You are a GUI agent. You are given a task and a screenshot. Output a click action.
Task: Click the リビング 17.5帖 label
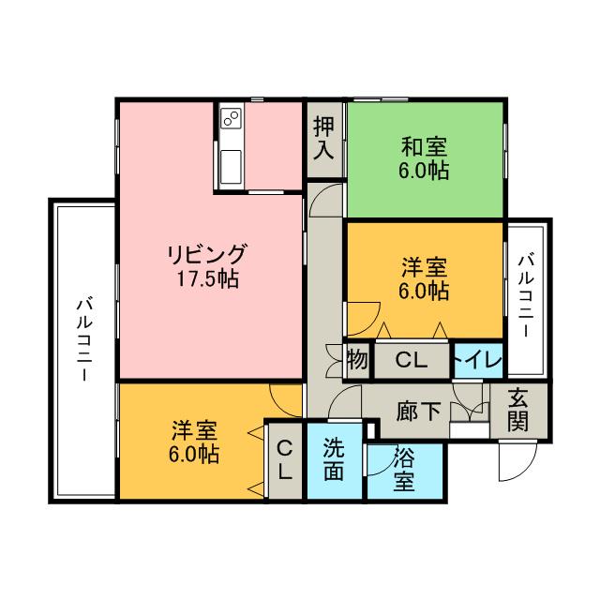(x=207, y=266)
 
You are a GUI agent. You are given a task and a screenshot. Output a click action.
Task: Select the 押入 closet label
(x=323, y=139)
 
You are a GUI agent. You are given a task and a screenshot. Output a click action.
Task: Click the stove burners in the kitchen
(x=231, y=118)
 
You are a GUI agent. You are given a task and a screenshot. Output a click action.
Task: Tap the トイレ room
(x=478, y=359)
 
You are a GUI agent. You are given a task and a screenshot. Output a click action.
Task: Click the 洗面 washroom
(x=334, y=459)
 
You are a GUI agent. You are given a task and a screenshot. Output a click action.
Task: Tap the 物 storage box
(x=356, y=359)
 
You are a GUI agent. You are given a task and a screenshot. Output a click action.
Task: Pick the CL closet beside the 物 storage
(x=411, y=359)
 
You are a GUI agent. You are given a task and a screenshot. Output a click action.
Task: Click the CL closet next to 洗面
(x=285, y=459)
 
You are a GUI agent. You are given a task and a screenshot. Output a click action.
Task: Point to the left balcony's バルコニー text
(x=83, y=337)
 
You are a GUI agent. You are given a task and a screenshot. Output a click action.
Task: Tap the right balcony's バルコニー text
(x=527, y=296)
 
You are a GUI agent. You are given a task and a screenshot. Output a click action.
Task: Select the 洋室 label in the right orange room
(x=425, y=267)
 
